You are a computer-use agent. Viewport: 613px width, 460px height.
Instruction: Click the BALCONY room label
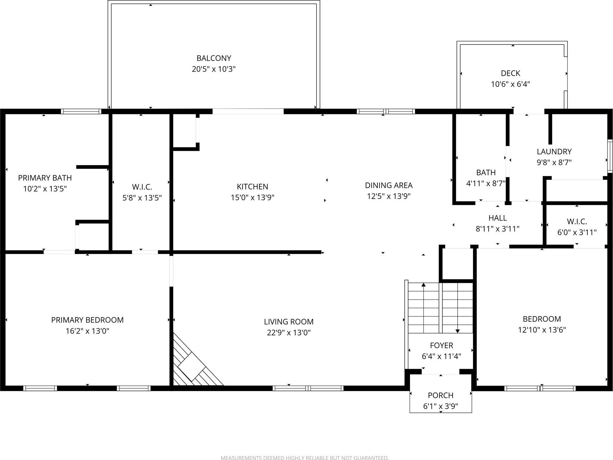(213, 58)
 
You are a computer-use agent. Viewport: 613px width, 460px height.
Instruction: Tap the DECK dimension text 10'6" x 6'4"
(510, 84)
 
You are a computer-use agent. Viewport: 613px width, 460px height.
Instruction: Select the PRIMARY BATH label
(45, 178)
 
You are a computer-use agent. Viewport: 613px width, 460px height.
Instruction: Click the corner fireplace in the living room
(192, 364)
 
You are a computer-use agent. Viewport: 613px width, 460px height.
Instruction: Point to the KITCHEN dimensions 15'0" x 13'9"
(252, 198)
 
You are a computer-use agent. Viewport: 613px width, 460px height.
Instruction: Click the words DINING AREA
(388, 185)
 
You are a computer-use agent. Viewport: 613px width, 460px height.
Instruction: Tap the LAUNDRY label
(554, 152)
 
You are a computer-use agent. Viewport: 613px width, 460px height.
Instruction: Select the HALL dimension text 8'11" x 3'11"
(497, 229)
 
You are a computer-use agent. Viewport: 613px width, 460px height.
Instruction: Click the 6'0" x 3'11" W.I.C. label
(577, 227)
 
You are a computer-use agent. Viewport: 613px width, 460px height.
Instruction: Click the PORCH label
(440, 396)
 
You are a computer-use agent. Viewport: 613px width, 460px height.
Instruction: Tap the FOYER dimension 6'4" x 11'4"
(441, 356)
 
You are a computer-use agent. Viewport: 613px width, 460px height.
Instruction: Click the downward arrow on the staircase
(457, 330)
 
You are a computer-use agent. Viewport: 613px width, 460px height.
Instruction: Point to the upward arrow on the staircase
(423, 285)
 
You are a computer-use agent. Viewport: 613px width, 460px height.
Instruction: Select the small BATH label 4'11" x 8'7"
(486, 178)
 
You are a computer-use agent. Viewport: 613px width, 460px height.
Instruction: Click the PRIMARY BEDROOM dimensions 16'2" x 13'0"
(87, 331)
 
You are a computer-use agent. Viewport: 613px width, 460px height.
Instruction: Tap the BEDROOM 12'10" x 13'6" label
(542, 324)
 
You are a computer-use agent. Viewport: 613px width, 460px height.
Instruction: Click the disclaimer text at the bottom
(304, 457)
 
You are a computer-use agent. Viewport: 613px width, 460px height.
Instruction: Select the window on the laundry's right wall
(610, 156)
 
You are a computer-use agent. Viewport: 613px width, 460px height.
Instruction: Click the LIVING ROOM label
(289, 322)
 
